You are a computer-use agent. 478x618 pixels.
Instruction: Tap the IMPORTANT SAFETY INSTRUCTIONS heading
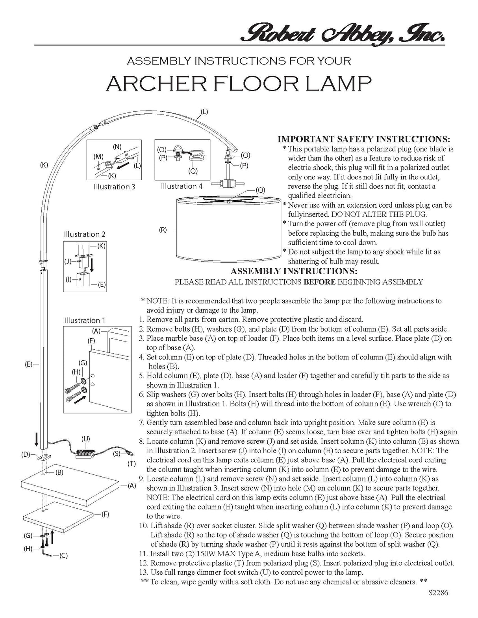(x=364, y=139)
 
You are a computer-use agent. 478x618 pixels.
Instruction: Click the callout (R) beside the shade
(x=163, y=230)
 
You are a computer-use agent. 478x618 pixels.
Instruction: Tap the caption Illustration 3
(x=114, y=187)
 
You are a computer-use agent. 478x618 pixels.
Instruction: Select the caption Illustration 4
(x=182, y=186)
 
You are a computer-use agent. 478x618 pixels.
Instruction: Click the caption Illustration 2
(x=85, y=234)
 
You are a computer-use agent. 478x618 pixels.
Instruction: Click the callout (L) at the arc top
(x=204, y=112)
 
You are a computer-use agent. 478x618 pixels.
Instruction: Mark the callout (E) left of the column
(x=28, y=364)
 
